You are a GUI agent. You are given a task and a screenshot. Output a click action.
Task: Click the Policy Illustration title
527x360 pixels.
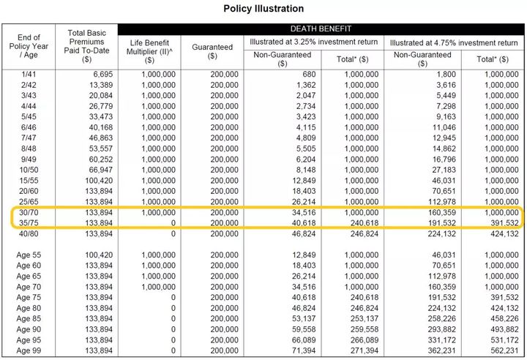[263, 9]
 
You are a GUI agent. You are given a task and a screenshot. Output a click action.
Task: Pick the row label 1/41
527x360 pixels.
[28, 75]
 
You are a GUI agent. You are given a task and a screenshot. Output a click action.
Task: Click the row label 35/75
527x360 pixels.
[28, 223]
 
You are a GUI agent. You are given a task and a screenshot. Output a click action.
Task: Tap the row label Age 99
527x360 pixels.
[28, 351]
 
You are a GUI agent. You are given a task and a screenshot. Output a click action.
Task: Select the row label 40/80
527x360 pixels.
[28, 234]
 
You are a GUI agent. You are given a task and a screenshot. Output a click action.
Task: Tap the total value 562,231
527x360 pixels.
[504, 351]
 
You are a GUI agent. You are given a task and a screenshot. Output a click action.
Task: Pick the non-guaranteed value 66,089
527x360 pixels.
[301, 340]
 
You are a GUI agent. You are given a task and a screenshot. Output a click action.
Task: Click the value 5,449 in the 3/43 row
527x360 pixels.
[441, 96]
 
